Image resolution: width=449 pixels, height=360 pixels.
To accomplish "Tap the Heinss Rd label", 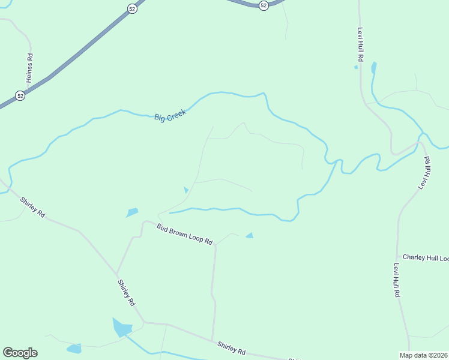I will [x=29, y=68].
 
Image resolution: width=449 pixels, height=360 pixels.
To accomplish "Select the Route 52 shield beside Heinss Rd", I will [x=20, y=96].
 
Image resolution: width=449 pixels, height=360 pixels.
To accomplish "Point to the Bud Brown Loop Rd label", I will [x=185, y=234].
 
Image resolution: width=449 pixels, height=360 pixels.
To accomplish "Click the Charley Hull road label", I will [x=426, y=257].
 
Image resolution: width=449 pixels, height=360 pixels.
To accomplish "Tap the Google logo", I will [x=20, y=353].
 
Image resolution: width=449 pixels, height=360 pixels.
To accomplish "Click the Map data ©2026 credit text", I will [x=424, y=355].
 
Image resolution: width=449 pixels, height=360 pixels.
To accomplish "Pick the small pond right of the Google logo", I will [x=74, y=349].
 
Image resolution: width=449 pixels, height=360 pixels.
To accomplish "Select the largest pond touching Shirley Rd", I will [x=121, y=328].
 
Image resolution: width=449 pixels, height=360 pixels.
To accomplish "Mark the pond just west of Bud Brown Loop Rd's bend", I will [x=132, y=212].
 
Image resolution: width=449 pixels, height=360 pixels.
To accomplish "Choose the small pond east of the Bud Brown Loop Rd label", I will [x=249, y=236].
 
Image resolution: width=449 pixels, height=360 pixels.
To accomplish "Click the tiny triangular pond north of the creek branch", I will [x=186, y=190].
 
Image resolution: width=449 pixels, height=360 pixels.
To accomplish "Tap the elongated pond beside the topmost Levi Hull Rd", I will [x=374, y=67].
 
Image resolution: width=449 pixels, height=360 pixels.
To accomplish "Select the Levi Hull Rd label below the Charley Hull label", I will [x=397, y=280].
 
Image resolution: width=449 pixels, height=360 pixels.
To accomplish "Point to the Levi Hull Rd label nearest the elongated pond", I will [x=361, y=45].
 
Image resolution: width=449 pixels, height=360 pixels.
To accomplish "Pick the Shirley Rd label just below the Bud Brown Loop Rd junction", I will [x=125, y=293].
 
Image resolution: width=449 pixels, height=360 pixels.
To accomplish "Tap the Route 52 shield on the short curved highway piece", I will [x=264, y=5].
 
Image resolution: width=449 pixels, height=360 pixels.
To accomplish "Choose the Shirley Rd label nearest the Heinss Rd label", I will [x=32, y=207].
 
